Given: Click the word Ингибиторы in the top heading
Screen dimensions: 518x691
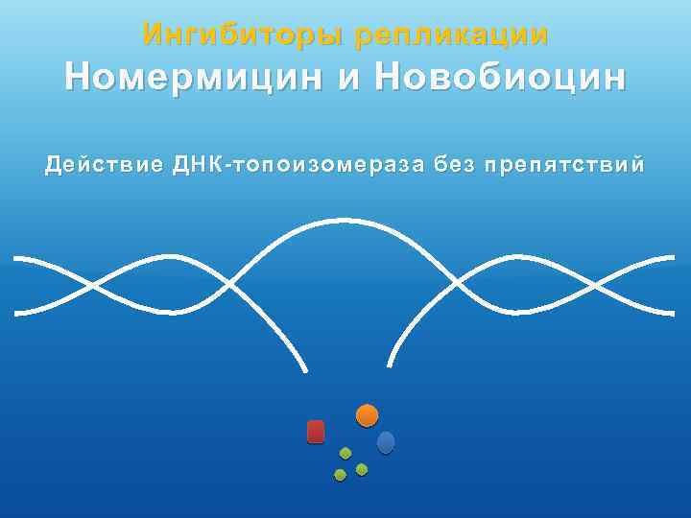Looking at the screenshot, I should coord(244,35).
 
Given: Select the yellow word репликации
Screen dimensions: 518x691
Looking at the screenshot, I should coord(451,35).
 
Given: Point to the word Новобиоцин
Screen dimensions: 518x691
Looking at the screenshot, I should coord(502,78).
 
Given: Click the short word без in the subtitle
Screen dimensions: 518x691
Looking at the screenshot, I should coord(454,165).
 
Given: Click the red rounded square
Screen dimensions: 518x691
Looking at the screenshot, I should coord(316,432).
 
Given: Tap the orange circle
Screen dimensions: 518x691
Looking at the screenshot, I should coord(367,415).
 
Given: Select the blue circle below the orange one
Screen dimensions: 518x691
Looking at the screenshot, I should coord(386,442).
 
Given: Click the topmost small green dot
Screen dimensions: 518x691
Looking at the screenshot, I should coord(345,453).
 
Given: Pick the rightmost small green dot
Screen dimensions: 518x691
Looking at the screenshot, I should coord(362,469).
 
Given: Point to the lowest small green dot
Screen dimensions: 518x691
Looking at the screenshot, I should coord(340,475).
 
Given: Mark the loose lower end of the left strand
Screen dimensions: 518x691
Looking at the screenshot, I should coord(306,370).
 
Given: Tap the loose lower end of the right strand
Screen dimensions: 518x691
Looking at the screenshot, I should coord(388,365).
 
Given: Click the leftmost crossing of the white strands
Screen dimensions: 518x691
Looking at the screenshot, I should coord(93,285).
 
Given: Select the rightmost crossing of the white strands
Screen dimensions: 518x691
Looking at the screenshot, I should coord(597,285).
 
